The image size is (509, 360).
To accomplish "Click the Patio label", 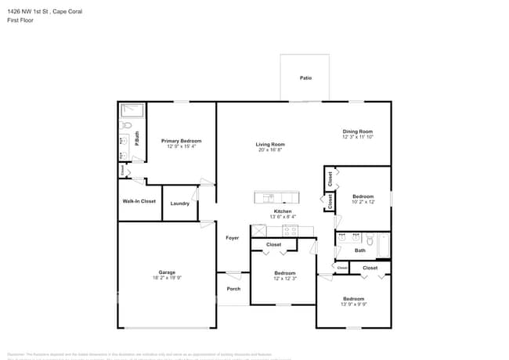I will (x=305, y=77).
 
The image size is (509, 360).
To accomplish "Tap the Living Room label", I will (x=270, y=144).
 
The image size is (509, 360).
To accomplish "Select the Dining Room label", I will (x=357, y=131).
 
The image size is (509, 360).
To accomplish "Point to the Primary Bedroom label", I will (x=180, y=141).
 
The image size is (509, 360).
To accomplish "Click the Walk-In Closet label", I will (x=139, y=201).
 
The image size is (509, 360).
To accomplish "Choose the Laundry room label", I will (x=180, y=203).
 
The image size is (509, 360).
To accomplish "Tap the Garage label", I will (x=168, y=272).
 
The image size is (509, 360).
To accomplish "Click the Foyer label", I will (x=232, y=238).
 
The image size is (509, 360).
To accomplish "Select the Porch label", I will (x=233, y=289).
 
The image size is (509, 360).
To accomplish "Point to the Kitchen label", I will (x=282, y=211).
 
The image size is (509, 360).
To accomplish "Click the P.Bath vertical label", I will (x=137, y=139).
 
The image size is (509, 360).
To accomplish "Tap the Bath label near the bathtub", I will (x=359, y=250).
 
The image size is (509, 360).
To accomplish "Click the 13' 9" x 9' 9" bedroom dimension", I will (x=354, y=304).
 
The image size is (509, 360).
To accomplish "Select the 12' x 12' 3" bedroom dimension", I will (x=284, y=279).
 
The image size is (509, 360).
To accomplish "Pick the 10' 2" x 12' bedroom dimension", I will (x=363, y=201).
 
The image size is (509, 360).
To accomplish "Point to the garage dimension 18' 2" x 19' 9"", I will (x=168, y=277).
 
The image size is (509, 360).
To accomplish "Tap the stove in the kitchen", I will (x=291, y=230).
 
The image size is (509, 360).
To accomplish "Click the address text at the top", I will (x=45, y=12).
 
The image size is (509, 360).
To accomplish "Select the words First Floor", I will (x=20, y=20).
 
